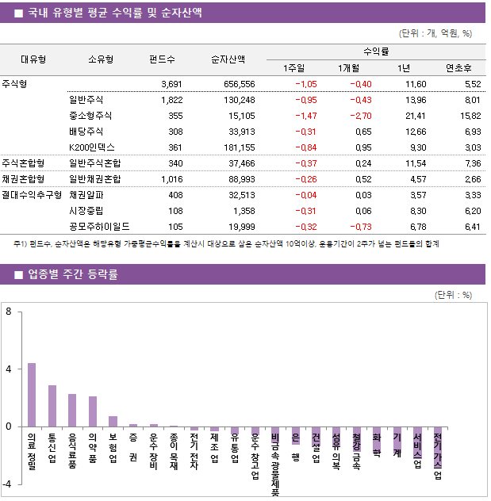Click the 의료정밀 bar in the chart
[x=32, y=395]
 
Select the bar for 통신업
[x=52, y=406]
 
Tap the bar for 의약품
[x=93, y=411]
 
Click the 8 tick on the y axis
[x=8, y=312]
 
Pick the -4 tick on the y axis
[x=7, y=484]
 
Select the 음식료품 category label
[x=72, y=451]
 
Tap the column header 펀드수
[x=162, y=59]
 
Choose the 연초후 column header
[x=459, y=68]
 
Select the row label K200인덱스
[x=92, y=147]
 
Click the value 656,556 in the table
[x=239, y=84]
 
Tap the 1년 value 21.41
[x=415, y=116]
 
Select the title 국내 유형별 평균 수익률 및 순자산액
[x=114, y=13]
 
